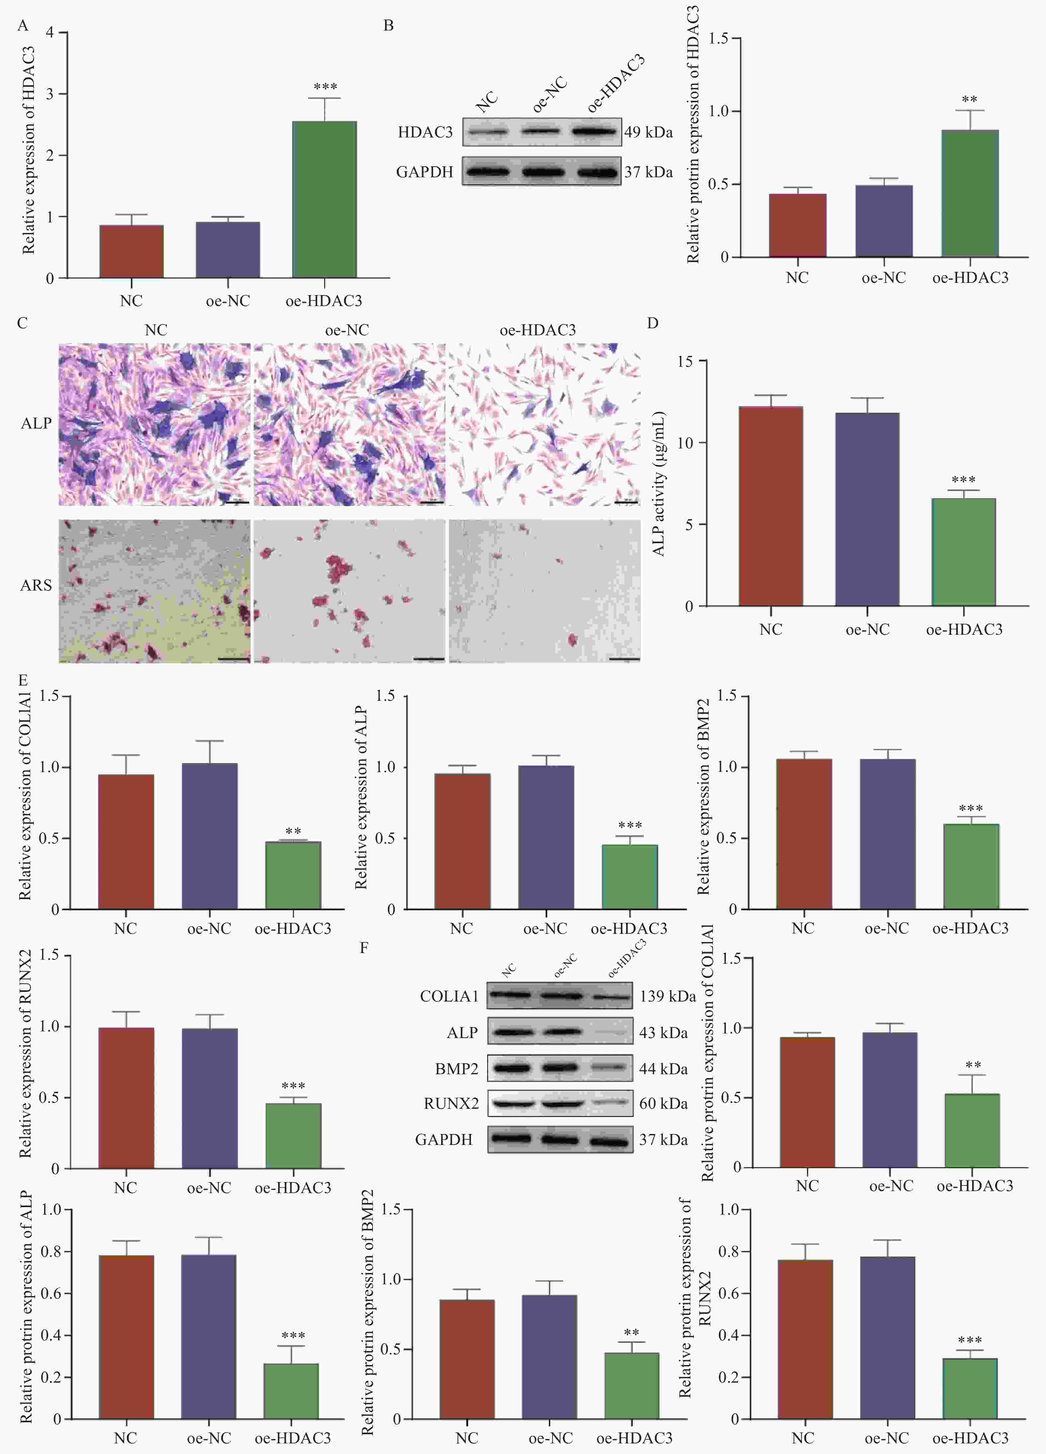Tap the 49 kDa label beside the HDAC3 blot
649,132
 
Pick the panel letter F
364,947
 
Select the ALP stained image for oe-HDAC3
544,424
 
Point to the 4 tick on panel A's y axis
50,33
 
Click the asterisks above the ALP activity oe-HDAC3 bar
963,480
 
